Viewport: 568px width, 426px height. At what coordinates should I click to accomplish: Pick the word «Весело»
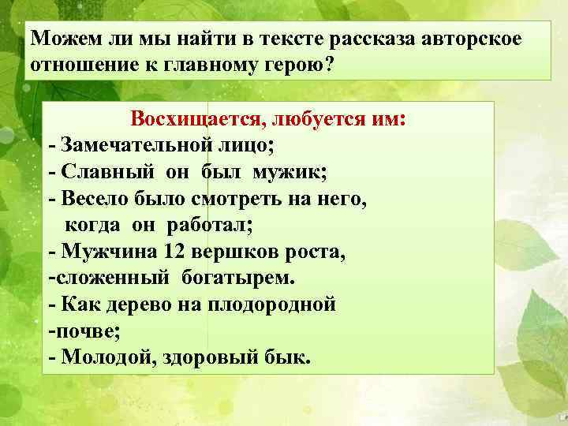click(96, 198)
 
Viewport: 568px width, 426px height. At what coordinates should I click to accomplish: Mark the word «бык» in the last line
click(288, 357)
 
